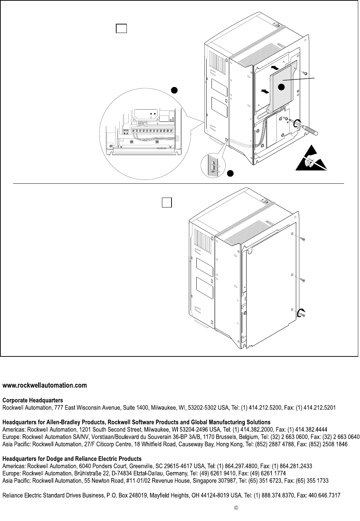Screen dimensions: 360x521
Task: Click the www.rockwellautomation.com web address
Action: coord(45,386)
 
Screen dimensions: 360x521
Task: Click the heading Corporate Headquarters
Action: coord(33,400)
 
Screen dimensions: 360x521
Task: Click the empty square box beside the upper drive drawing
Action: coord(121,28)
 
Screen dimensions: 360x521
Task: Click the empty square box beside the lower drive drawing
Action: coord(167,203)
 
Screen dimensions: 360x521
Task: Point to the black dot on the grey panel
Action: coord(281,87)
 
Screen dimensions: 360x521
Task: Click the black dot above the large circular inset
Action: coord(174,90)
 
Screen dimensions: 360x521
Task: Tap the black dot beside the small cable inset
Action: coord(230,173)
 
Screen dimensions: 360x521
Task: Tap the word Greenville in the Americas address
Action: coord(141,466)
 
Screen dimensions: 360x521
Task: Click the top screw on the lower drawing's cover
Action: coord(302,239)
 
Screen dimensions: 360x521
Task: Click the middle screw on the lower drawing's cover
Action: coord(302,280)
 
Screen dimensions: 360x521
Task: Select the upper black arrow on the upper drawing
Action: coord(275,68)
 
